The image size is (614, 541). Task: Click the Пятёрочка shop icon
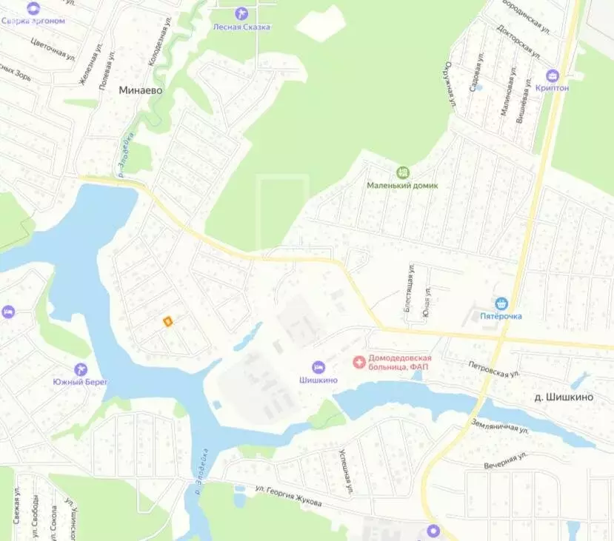coord(502,303)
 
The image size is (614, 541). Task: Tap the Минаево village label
coord(141,90)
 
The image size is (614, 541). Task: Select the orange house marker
coord(168,320)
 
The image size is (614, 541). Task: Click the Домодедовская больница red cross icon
coord(358,362)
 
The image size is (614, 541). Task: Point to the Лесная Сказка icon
coord(241,13)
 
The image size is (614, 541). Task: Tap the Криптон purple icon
coord(552,75)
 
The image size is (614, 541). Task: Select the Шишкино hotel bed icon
coord(318,367)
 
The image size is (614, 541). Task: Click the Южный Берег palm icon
coord(81,369)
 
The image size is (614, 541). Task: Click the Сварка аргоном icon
coord(33,8)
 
